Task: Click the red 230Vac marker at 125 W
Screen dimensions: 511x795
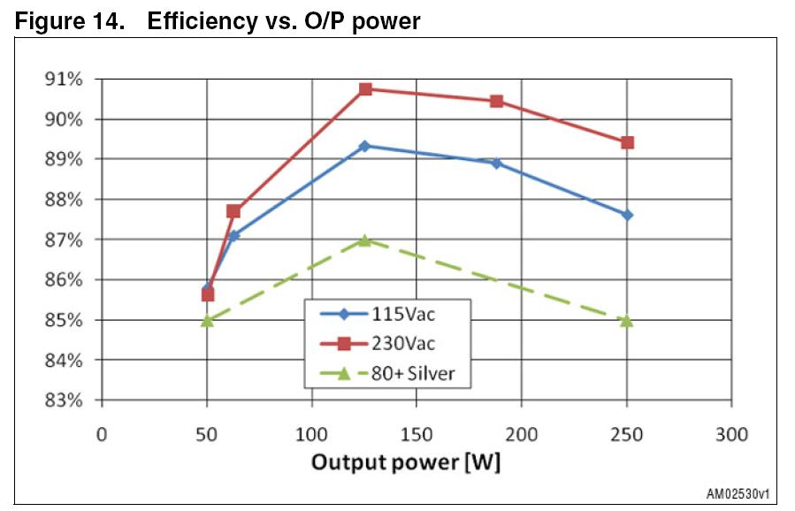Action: pyautogui.click(x=364, y=88)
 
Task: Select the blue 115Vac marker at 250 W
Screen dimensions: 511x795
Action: pyautogui.click(x=627, y=215)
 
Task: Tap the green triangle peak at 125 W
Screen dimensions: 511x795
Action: pyautogui.click(x=364, y=240)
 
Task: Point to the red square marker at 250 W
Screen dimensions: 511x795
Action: pyautogui.click(x=627, y=142)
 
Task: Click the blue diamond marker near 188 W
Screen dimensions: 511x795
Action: pyautogui.click(x=496, y=164)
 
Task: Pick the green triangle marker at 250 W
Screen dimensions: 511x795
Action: pyautogui.click(x=627, y=320)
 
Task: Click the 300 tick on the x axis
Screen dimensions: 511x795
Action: pyautogui.click(x=730, y=434)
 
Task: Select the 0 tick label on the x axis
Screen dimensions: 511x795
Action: pyautogui.click(x=102, y=434)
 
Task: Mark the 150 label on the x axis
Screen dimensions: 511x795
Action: pyautogui.click(x=417, y=434)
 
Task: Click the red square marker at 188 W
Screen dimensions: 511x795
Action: pyautogui.click(x=496, y=101)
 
